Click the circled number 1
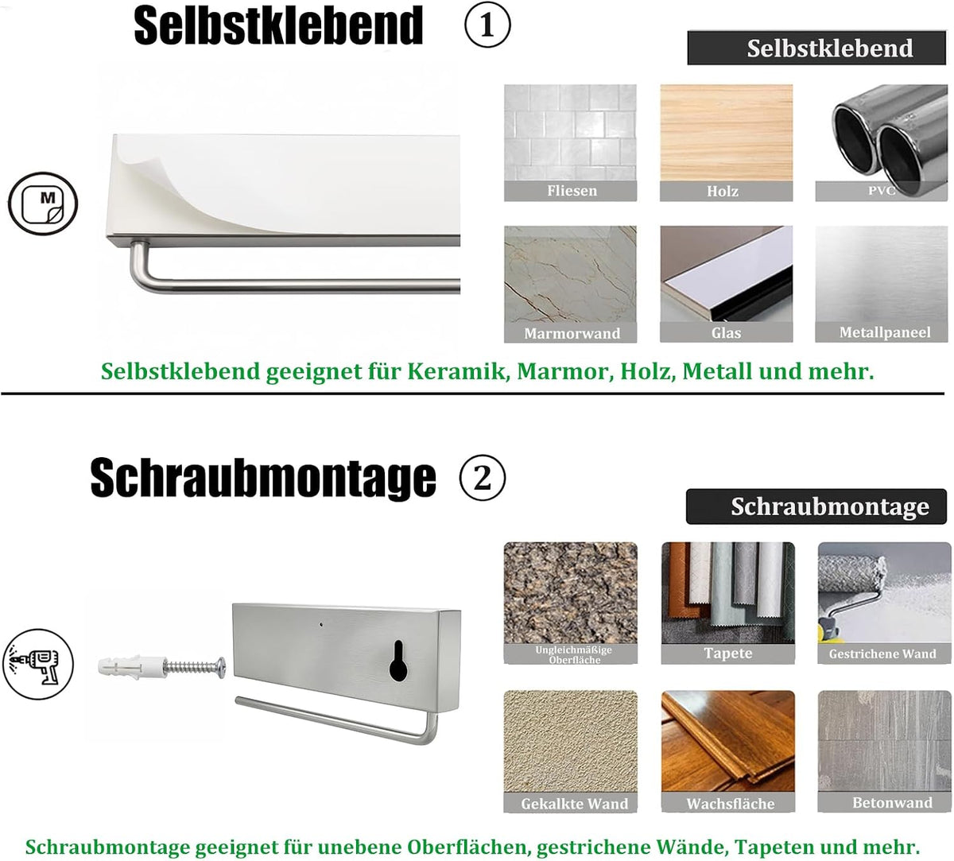(x=487, y=25)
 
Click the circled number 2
(x=483, y=477)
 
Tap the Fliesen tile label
(x=572, y=191)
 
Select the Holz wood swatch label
(x=723, y=192)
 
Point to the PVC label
(x=881, y=191)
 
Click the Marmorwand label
(x=572, y=333)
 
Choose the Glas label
(x=726, y=332)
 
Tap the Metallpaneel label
(x=885, y=332)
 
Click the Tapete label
(x=728, y=654)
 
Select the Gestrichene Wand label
(x=882, y=654)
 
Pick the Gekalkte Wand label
(x=575, y=804)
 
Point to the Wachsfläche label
(x=731, y=804)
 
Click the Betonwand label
(x=892, y=802)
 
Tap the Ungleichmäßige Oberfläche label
(x=573, y=654)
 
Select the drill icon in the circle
(x=38, y=665)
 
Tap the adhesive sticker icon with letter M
(x=43, y=204)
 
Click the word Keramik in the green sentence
(x=459, y=371)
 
